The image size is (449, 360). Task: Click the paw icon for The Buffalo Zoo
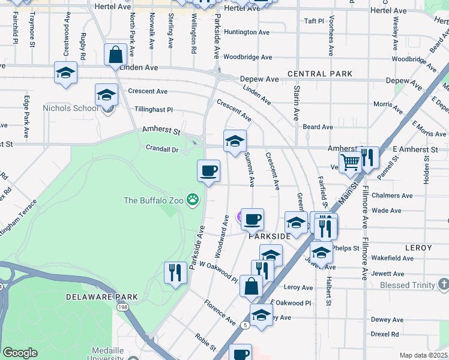tap(193, 199)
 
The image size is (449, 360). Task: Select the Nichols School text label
tap(70, 109)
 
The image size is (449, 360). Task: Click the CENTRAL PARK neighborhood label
tap(319, 74)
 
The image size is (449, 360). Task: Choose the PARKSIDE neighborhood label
tap(270, 236)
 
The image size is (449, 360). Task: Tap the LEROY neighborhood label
tap(418, 247)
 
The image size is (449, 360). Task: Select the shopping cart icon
tap(351, 160)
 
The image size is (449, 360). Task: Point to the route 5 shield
tap(246, 325)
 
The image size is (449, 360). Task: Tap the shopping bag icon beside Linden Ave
tap(115, 55)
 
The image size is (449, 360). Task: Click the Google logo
tap(20, 353)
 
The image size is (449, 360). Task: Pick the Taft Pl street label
tap(314, 20)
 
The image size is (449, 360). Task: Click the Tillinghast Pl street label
tap(154, 110)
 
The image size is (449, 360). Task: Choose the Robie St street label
tap(205, 341)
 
